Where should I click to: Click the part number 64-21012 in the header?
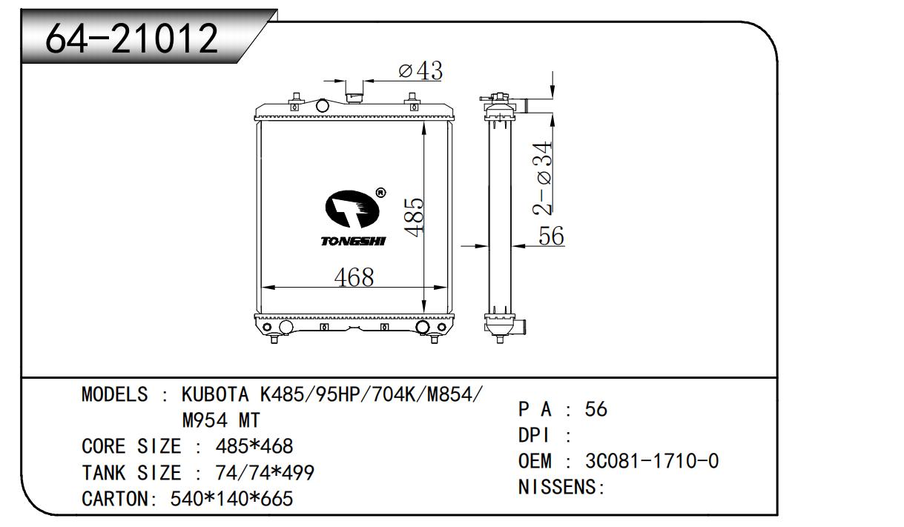tap(131, 39)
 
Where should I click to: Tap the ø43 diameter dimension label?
tap(420, 70)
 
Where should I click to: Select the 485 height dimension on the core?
tap(414, 217)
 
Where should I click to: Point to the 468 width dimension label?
tap(354, 277)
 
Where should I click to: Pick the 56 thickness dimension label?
tap(551, 236)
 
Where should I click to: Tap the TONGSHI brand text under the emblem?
tap(353, 242)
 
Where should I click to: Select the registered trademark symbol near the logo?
tap(380, 193)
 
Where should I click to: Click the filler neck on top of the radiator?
tap(354, 97)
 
